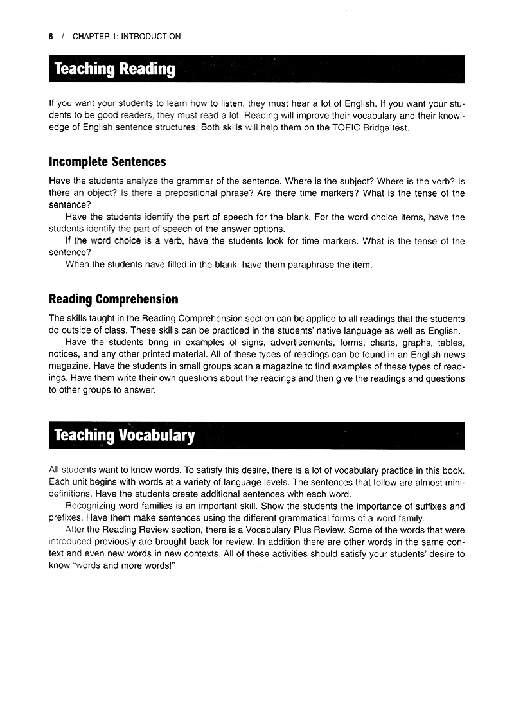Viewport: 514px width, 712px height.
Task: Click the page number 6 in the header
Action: point(51,37)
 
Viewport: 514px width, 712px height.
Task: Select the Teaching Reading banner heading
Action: point(114,69)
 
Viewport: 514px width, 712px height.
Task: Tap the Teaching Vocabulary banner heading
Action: point(124,435)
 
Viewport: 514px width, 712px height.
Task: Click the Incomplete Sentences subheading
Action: point(107,162)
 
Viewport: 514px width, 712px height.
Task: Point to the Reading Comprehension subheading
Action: point(113,299)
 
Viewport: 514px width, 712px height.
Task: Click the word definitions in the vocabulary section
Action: point(71,494)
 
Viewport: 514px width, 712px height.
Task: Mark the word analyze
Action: point(138,181)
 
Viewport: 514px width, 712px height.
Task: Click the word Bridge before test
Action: point(379,127)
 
